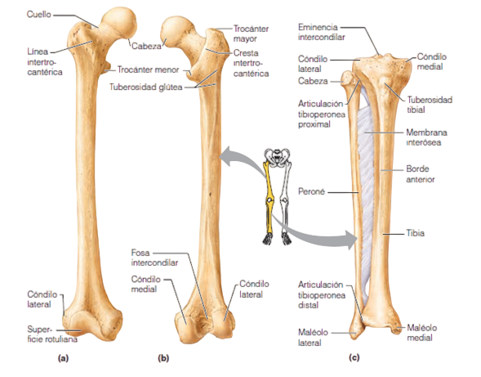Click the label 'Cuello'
pyautogui.click(x=38, y=15)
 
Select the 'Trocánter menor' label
pyautogui.click(x=148, y=70)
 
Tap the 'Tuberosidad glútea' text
pyautogui.click(x=145, y=87)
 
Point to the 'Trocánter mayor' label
pyautogui.click(x=251, y=34)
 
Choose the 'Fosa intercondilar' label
pyautogui.click(x=154, y=258)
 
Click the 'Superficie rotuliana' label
pyautogui.click(x=52, y=334)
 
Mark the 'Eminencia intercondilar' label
pyautogui.click(x=321, y=32)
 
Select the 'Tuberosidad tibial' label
pyautogui.click(x=430, y=105)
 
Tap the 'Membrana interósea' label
pyautogui.click(x=426, y=137)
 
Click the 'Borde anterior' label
pyautogui.click(x=421, y=174)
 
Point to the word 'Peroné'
pyautogui.click(x=311, y=191)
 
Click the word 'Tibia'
pyautogui.click(x=416, y=233)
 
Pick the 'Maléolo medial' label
pyautogui.click(x=422, y=333)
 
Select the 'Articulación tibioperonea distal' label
pyautogui.click(x=322, y=294)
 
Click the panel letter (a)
pyautogui.click(x=63, y=358)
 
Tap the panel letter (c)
pyautogui.click(x=354, y=357)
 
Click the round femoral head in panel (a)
pyautogui.click(x=119, y=23)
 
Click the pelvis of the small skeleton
pyautogui.click(x=278, y=157)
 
